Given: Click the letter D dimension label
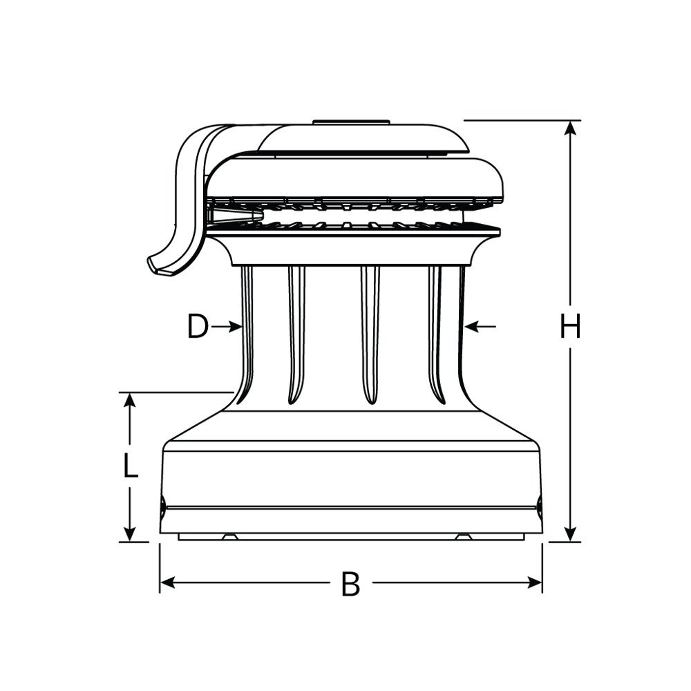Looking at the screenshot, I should pos(198,327).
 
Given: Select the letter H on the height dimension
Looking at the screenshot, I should pos(570,327).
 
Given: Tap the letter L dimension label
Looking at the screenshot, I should pos(131,467).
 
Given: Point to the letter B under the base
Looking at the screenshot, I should pos(351,585).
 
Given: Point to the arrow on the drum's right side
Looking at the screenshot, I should pos(480,325).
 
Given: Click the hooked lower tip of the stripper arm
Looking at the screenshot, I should pos(160,265).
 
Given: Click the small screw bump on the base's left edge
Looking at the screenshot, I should pos(162,504).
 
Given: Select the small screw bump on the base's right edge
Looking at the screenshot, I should pos(540,504).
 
